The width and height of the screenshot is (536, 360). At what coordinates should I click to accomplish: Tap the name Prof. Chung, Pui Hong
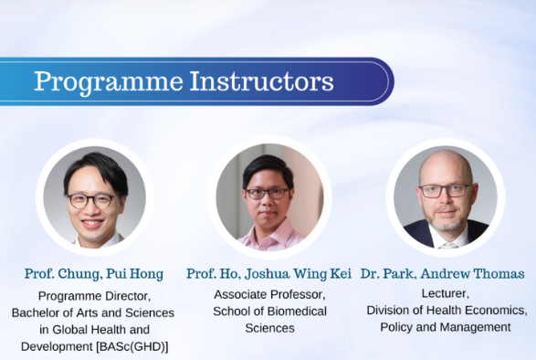click(x=95, y=274)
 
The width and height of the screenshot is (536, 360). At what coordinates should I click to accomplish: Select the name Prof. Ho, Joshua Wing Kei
click(x=269, y=274)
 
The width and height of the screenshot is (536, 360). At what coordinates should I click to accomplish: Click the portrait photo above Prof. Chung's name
click(x=95, y=196)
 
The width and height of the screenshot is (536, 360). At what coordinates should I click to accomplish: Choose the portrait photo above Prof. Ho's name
click(x=269, y=196)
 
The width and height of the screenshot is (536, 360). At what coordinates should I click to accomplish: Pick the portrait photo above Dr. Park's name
click(x=446, y=196)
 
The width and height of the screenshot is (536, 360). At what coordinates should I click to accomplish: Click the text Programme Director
click(x=95, y=296)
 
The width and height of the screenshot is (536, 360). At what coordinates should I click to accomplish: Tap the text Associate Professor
click(x=269, y=294)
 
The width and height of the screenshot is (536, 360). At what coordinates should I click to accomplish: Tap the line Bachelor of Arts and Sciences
click(x=95, y=312)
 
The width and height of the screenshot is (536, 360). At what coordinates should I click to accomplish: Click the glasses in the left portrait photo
click(x=92, y=199)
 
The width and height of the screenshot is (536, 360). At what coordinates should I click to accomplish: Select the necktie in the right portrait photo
click(x=447, y=244)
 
